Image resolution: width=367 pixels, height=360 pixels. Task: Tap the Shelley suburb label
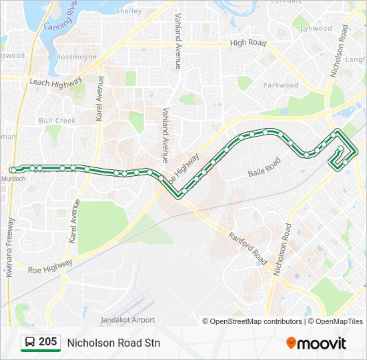point(129,11)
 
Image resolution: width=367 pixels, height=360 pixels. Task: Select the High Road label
point(248,43)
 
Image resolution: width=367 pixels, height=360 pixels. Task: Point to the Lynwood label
point(316,29)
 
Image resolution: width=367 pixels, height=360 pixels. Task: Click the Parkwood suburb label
point(280,85)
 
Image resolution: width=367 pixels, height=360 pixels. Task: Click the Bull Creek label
point(57,121)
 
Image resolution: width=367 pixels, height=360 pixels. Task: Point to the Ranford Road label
point(248,248)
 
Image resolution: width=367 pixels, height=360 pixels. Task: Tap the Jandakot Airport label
point(127,320)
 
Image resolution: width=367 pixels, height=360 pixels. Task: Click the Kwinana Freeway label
point(9,247)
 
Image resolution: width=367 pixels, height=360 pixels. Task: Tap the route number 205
point(47,342)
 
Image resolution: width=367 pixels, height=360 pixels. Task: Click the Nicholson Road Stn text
point(113,343)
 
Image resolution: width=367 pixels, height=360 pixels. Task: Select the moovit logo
point(316,343)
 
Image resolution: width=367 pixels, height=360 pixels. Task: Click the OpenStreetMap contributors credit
point(256,321)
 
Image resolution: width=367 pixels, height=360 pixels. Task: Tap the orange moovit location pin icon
point(291,343)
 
